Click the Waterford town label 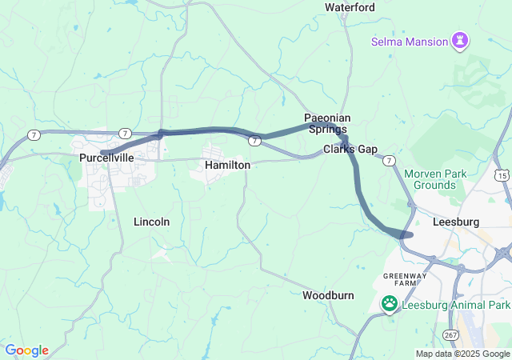(350, 7)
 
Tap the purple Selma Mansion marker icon (460, 40)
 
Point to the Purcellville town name (106, 158)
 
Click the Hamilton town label (227, 165)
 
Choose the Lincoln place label (151, 222)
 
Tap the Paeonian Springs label (326, 123)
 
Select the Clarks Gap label (350, 150)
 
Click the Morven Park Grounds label (430, 179)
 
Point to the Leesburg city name (454, 222)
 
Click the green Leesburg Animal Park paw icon (390, 303)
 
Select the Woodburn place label (328, 295)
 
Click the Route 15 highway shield (502, 174)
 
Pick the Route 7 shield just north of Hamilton (253, 141)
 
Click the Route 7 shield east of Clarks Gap (388, 161)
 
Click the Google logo (26, 350)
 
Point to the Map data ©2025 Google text (462, 354)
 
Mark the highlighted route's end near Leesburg (407, 234)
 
